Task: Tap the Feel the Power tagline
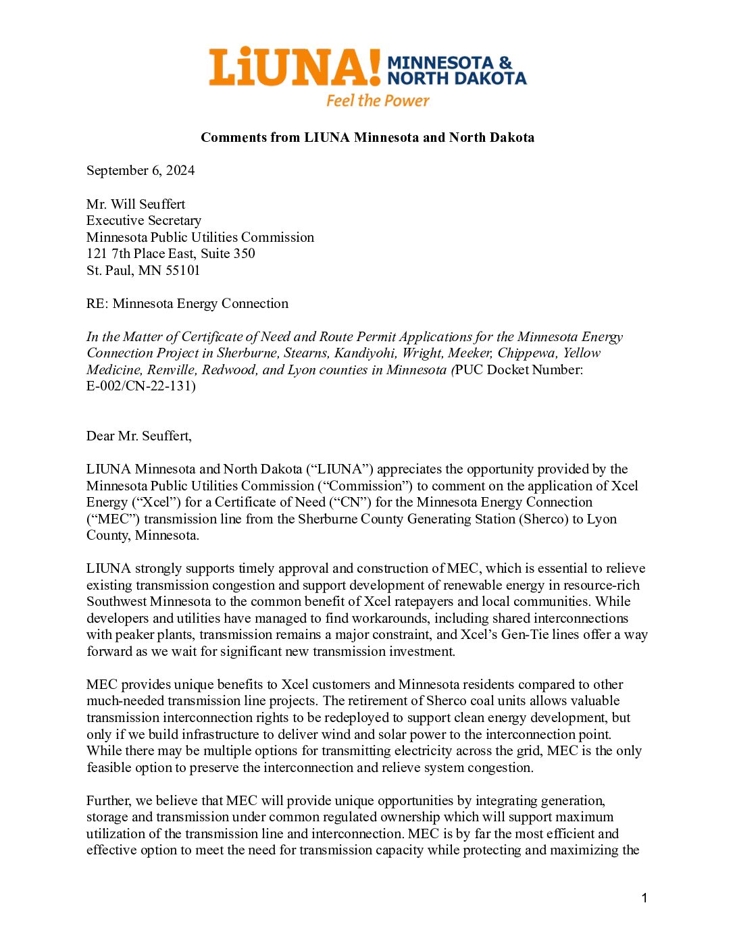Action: tap(378, 101)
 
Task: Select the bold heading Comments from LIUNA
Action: tap(367, 138)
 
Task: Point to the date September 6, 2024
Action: tap(141, 171)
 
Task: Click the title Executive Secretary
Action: tap(144, 221)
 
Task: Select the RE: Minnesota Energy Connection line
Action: tap(187, 304)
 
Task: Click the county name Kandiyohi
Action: tap(365, 353)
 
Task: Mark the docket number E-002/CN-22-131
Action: tap(141, 386)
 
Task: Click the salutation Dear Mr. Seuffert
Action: tap(138, 436)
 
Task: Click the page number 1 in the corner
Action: tap(644, 898)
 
